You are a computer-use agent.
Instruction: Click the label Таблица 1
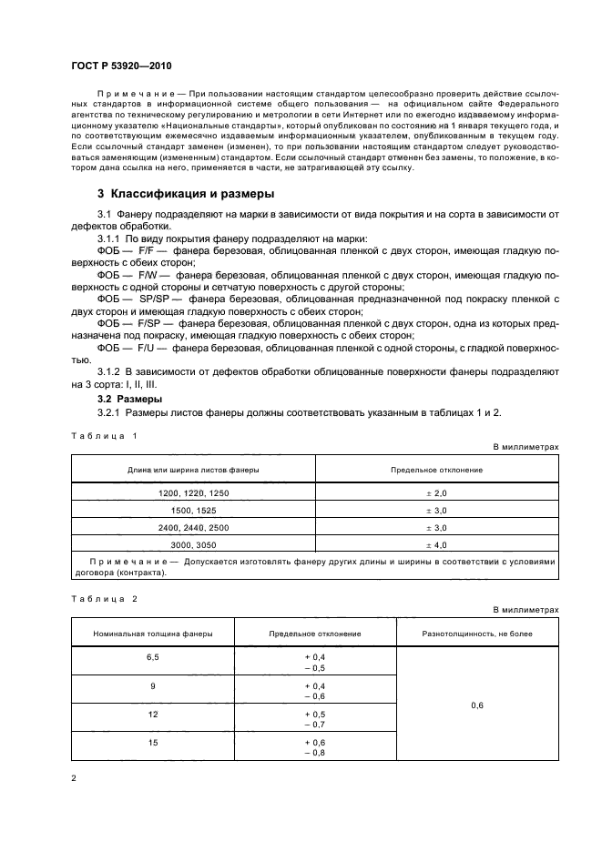[x=104, y=436]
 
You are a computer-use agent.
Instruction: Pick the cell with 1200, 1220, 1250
[x=192, y=492]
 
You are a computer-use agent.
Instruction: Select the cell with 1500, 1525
[x=192, y=511]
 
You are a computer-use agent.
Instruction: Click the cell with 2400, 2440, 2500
[x=192, y=528]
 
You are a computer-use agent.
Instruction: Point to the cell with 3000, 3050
[x=192, y=545]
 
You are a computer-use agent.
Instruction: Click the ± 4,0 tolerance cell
[x=436, y=545]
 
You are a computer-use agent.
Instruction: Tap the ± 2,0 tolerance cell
[x=436, y=492]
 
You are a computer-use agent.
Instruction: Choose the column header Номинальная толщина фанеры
[x=152, y=633]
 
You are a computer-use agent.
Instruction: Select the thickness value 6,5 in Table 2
[x=152, y=656]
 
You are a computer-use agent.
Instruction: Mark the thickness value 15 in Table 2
[x=152, y=744]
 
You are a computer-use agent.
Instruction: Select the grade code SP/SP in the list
[x=150, y=299]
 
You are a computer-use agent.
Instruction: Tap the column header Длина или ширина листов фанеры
[x=192, y=469]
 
